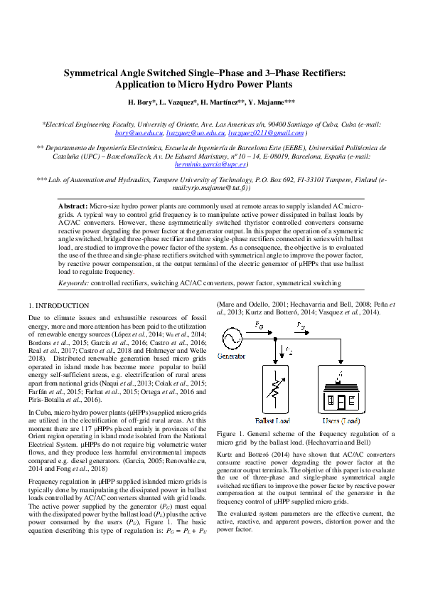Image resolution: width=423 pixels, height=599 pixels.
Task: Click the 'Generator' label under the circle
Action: point(232,355)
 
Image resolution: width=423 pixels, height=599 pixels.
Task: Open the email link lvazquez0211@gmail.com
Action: point(264,133)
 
